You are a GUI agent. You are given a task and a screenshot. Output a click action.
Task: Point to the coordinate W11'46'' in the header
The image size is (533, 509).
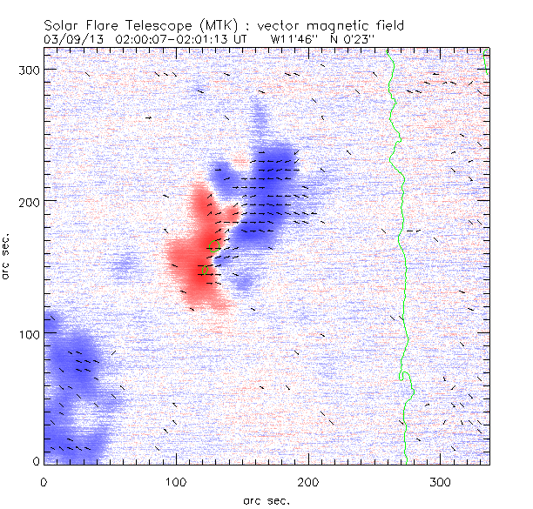click(292, 39)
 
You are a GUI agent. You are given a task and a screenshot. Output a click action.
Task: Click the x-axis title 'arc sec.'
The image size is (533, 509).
click(266, 500)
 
